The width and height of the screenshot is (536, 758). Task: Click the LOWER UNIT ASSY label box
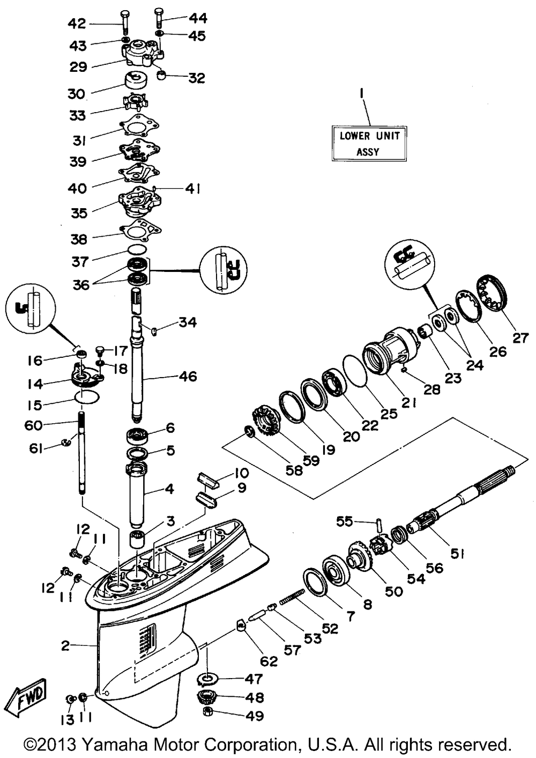[369, 143]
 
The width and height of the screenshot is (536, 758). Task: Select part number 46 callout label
[188, 377]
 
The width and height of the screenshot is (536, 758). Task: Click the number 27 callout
[520, 338]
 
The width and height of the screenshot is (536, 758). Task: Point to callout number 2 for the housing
[65, 646]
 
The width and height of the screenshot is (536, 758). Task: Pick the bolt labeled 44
[159, 19]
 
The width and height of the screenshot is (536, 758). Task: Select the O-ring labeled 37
[137, 250]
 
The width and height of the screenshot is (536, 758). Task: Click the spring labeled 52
[292, 596]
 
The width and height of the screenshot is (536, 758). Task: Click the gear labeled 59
[265, 422]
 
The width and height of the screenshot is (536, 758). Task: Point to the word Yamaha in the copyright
[111, 746]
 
